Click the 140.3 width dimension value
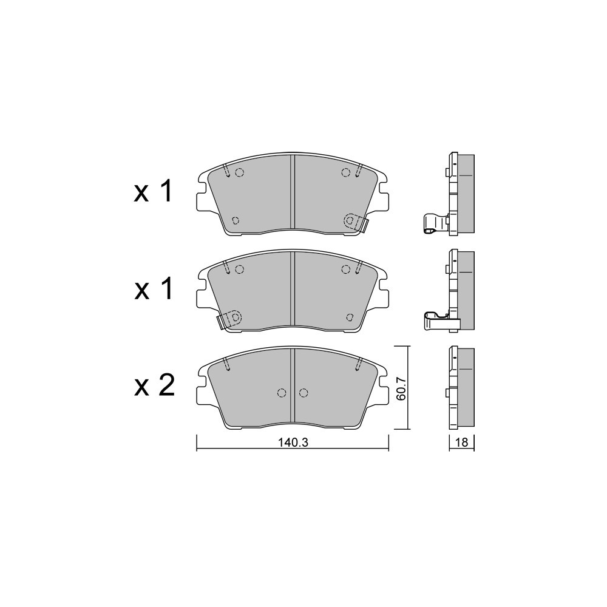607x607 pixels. (293, 442)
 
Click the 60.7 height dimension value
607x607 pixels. (401, 388)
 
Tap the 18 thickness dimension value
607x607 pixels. (462, 442)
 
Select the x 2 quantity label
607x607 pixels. (154, 385)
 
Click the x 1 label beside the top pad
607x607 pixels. (153, 192)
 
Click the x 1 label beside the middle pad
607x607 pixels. (153, 288)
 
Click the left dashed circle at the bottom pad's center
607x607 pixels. (282, 393)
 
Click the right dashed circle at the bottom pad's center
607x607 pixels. (303, 393)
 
